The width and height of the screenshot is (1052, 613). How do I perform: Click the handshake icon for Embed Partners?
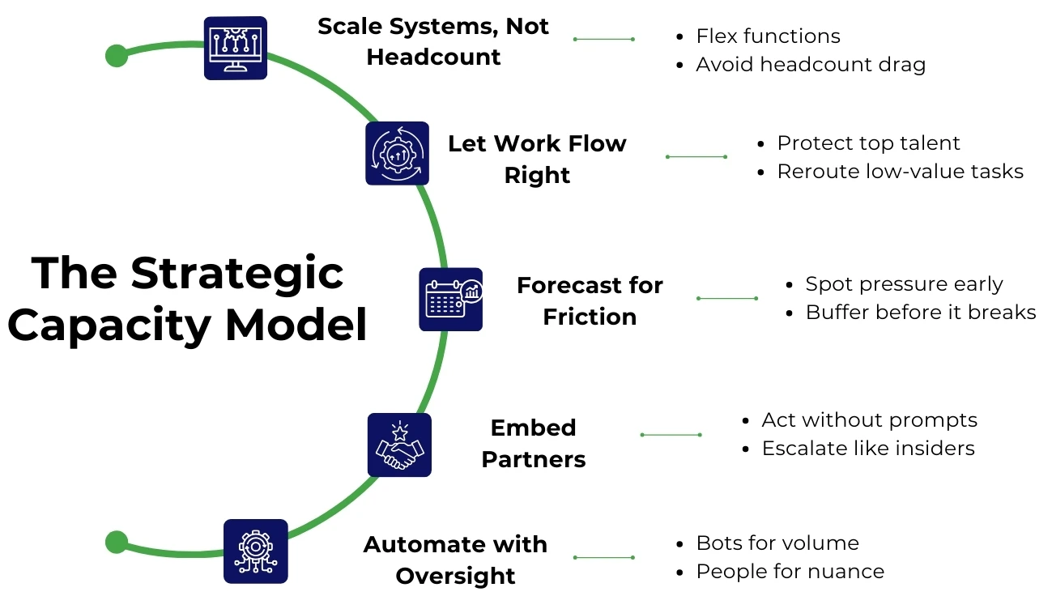399,445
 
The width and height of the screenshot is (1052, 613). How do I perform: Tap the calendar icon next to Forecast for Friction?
450,300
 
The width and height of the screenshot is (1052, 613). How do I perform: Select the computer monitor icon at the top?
235,48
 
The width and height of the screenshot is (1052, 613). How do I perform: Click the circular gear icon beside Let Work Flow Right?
397,153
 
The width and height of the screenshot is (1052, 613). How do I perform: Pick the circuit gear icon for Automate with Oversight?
255,551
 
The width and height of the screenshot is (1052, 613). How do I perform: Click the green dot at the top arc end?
117,56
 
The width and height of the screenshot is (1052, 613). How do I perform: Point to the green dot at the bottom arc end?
117,542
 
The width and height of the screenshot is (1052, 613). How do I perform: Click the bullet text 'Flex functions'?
768,36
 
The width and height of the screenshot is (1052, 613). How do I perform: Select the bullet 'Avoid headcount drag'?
810,65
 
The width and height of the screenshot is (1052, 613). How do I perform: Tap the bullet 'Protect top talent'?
868,143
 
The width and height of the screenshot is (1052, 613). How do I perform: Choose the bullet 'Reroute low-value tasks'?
900,172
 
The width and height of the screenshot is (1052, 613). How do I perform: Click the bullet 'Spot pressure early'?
904,284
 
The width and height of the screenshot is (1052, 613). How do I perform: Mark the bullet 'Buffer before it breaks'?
920,313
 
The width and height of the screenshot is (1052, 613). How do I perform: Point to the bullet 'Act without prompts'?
869,420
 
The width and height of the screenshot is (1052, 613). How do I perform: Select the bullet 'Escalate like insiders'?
867,449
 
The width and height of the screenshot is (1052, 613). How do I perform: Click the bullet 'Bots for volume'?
777,543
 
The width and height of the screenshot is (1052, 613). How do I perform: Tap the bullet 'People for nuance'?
790,572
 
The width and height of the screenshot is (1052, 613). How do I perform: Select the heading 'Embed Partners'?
533,443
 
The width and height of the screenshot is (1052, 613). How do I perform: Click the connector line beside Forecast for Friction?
727,299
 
